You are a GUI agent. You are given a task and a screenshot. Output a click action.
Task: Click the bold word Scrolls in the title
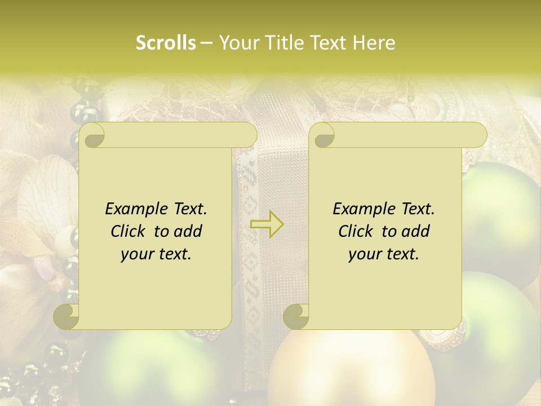(x=166, y=43)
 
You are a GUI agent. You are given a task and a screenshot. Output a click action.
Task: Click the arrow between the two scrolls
(x=267, y=224)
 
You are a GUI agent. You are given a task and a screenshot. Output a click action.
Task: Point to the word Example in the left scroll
(x=134, y=209)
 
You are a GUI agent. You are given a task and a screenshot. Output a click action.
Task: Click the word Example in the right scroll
(x=362, y=209)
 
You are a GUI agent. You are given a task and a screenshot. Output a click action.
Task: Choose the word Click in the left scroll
(x=130, y=231)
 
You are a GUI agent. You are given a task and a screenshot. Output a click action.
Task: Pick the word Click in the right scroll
(x=357, y=231)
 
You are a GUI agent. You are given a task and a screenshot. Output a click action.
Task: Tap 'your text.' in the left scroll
(x=156, y=254)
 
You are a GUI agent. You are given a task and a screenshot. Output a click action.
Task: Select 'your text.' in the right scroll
(x=383, y=254)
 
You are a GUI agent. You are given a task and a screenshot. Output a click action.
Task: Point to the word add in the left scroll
(x=188, y=231)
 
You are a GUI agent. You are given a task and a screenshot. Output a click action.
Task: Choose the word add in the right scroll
(x=416, y=231)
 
